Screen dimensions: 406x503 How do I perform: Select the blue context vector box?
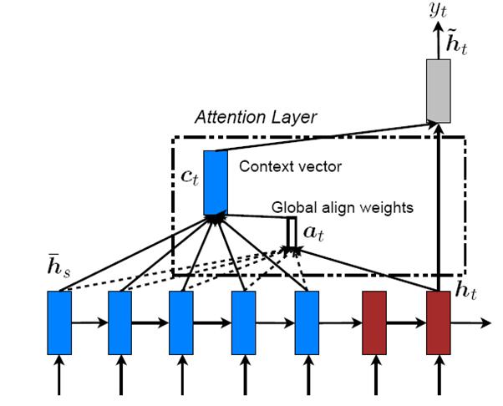pyautogui.click(x=215, y=181)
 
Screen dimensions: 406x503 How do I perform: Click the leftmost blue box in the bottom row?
pyautogui.click(x=59, y=322)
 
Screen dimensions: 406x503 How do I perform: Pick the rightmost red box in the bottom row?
pyautogui.click(x=439, y=322)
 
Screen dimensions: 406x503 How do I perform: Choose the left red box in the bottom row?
pyautogui.click(x=373, y=322)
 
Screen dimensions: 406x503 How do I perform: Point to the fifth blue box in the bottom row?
pyautogui.click(x=307, y=322)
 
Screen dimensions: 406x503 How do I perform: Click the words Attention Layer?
pyautogui.click(x=256, y=117)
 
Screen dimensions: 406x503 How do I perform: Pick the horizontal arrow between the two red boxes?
pyautogui.click(x=406, y=322)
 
